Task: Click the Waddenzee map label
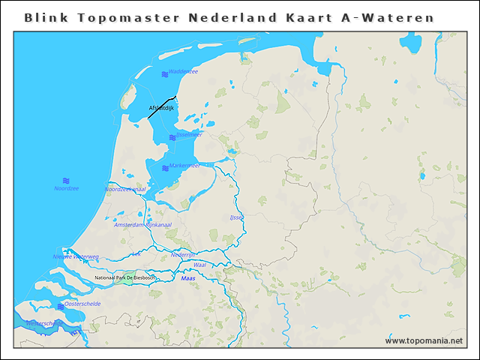click(x=184, y=72)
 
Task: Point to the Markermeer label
click(x=184, y=166)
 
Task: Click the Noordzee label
click(x=66, y=188)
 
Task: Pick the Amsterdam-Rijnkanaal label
click(x=142, y=225)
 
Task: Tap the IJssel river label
click(x=237, y=217)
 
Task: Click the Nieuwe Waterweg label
click(x=76, y=256)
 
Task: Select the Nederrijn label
click(x=183, y=254)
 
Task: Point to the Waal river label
click(x=199, y=265)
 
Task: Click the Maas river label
click(x=188, y=278)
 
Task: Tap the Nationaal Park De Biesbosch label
click(x=125, y=278)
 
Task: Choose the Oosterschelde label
click(x=82, y=304)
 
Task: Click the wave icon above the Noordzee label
click(x=66, y=180)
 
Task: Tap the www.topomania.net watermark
click(x=424, y=341)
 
